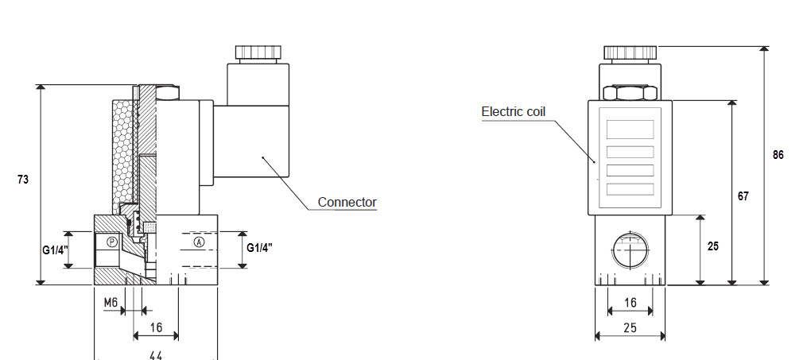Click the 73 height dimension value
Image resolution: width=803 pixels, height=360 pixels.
(x=23, y=180)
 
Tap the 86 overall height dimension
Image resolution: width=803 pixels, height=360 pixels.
(x=778, y=155)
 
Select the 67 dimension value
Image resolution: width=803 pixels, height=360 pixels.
(x=743, y=195)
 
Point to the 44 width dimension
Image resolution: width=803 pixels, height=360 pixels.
(x=156, y=354)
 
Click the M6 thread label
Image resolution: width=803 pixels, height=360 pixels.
(x=111, y=303)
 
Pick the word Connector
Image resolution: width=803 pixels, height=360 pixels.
(x=347, y=202)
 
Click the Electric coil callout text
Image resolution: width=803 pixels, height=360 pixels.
(x=514, y=111)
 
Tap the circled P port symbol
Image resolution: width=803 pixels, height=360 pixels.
(x=112, y=241)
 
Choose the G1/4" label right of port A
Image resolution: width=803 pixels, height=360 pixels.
(x=259, y=247)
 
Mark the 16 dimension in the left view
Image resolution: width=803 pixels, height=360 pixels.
(x=156, y=327)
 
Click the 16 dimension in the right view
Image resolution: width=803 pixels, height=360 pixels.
(x=630, y=303)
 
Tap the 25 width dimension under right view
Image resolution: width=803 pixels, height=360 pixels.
(x=630, y=327)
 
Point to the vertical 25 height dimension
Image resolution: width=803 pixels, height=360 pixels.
(x=712, y=246)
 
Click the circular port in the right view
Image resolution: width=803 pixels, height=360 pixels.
(x=629, y=250)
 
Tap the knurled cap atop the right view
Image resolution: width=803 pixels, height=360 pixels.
(x=630, y=52)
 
